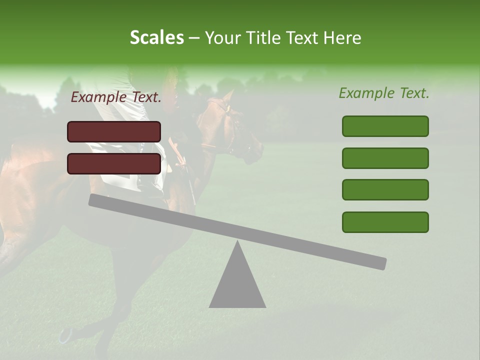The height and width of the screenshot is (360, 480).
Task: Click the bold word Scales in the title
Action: click(156, 37)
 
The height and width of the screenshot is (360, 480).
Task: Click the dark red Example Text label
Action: click(116, 97)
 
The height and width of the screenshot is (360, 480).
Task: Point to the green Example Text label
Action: click(384, 93)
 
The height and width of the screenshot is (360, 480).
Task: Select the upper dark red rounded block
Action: click(114, 131)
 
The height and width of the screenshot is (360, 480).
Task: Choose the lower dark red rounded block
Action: click(114, 163)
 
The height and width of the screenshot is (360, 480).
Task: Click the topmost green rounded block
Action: click(385, 126)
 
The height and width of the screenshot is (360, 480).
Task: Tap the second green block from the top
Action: click(385, 158)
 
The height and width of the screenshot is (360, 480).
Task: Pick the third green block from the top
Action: click(385, 189)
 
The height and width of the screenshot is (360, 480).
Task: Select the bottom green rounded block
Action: click(385, 222)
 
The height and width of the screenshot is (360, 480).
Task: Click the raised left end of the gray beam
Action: click(95, 200)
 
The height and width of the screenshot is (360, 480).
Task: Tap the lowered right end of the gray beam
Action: click(380, 263)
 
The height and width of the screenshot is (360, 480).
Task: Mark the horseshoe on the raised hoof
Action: click(65, 335)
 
